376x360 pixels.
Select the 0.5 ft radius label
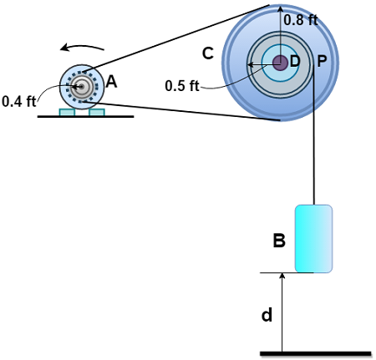[x=182, y=85]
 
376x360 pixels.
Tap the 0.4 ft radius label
[x=18, y=101]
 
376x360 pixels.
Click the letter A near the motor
[x=111, y=82]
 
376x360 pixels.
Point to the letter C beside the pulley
[x=208, y=53]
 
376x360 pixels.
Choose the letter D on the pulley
[x=295, y=62]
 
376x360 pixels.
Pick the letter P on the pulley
[x=323, y=62]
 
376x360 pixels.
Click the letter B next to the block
[x=280, y=241]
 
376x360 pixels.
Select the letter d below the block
[x=267, y=315]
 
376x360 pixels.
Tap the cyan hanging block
[x=314, y=238]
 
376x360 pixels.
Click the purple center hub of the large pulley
[x=280, y=63]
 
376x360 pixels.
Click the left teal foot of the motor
[x=67, y=112]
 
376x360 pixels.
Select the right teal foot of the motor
[x=96, y=112]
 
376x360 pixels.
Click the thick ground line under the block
[x=315, y=353]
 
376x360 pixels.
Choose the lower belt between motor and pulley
[x=180, y=110]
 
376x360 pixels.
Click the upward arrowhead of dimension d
[x=282, y=278]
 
